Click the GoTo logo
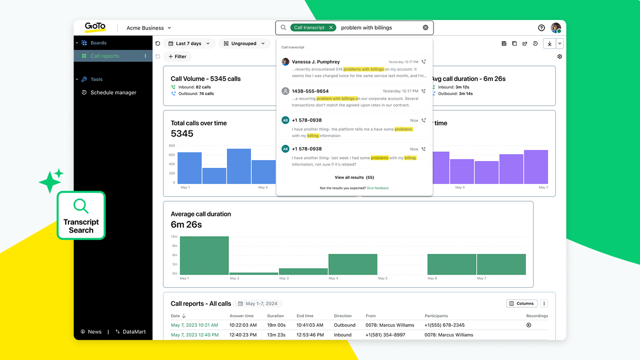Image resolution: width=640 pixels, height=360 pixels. (95, 27)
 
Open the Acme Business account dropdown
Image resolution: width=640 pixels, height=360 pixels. (149, 28)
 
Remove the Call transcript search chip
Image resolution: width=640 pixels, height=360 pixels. (331, 28)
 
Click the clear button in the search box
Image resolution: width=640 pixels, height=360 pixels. (425, 28)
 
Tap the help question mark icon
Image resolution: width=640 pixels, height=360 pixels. (541, 28)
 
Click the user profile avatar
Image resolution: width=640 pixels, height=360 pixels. (556, 28)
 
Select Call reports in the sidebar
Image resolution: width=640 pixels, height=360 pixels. (105, 56)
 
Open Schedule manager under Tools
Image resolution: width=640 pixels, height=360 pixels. (113, 93)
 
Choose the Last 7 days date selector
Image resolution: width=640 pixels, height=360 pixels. (189, 43)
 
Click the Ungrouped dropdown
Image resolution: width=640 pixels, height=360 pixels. (244, 43)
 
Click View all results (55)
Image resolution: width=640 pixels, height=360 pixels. (354, 177)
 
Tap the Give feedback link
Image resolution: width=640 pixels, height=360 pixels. (377, 188)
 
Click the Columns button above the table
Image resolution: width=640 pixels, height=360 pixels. (521, 303)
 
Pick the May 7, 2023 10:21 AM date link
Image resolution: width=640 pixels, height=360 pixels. (194, 325)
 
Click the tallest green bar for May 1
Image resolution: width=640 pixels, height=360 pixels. (204, 255)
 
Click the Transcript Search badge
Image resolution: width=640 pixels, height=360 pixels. (81, 215)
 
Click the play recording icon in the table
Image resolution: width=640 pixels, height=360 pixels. (529, 325)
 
